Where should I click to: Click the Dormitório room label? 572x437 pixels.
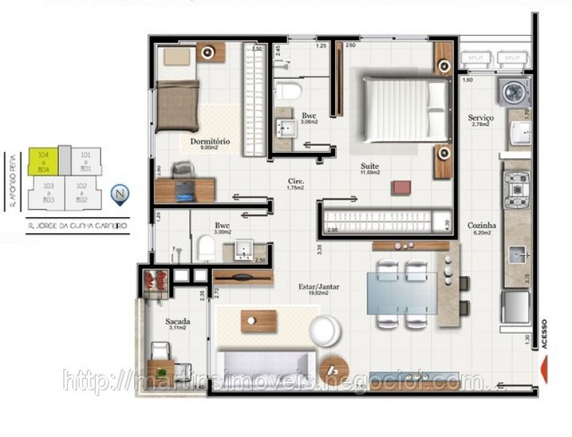[210, 141]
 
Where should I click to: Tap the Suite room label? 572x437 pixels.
[369, 166]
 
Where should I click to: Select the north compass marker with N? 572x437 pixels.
[119, 194]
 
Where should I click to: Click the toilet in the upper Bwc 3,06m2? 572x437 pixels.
[289, 92]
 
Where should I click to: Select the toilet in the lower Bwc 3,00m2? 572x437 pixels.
[206, 248]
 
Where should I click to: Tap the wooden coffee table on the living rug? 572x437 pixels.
[258, 321]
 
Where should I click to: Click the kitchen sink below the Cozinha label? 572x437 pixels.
[518, 254]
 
